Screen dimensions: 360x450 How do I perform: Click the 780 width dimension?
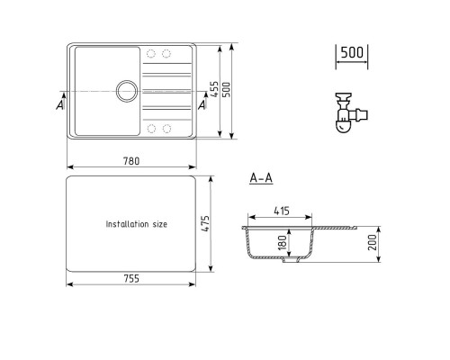click(x=132, y=160)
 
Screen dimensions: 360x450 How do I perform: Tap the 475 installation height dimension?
click(x=205, y=223)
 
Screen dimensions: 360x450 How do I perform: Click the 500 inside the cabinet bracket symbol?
click(x=353, y=53)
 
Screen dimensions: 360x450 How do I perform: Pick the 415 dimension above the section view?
click(x=280, y=211)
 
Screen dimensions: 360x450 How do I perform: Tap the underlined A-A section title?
click(x=261, y=179)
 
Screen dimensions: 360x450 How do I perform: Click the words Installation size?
click(x=137, y=223)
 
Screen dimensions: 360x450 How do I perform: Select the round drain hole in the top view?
click(x=125, y=90)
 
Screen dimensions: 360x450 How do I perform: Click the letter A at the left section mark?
click(x=59, y=105)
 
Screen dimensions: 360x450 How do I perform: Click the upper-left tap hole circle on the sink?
click(x=149, y=51)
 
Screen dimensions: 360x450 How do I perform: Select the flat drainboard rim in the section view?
click(x=337, y=229)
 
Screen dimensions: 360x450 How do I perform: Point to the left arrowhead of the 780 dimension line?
click(x=70, y=166)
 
